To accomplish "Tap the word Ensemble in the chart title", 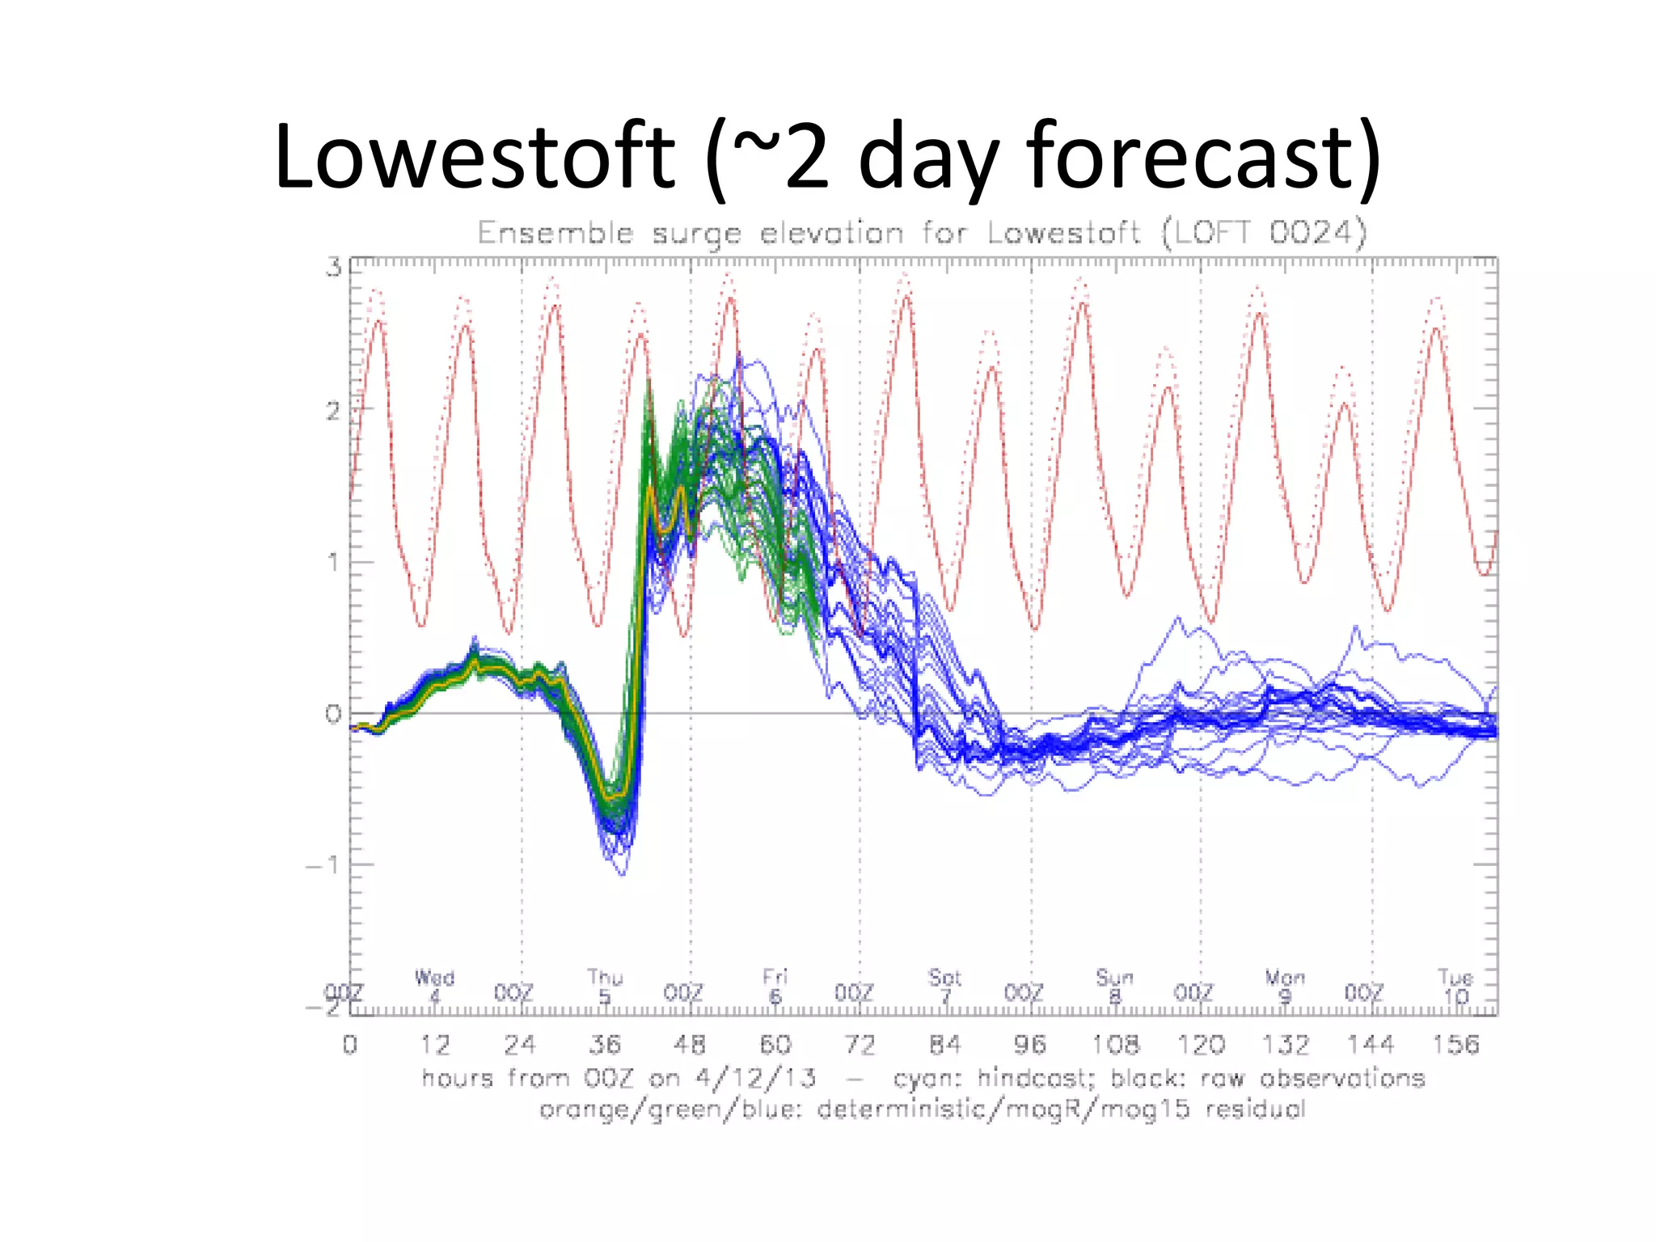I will [556, 233].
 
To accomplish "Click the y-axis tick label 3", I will [333, 268].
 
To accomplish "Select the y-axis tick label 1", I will [333, 562].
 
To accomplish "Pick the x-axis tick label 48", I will [689, 1045].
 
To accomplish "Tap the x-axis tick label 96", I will [1030, 1045].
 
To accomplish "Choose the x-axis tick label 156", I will [1455, 1045].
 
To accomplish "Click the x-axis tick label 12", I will [435, 1045].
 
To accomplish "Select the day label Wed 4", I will [434, 986].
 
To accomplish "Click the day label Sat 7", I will [944, 986].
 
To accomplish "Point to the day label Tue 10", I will [1455, 986].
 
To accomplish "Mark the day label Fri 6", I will [775, 986].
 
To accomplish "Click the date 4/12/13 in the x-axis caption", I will [755, 1078].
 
